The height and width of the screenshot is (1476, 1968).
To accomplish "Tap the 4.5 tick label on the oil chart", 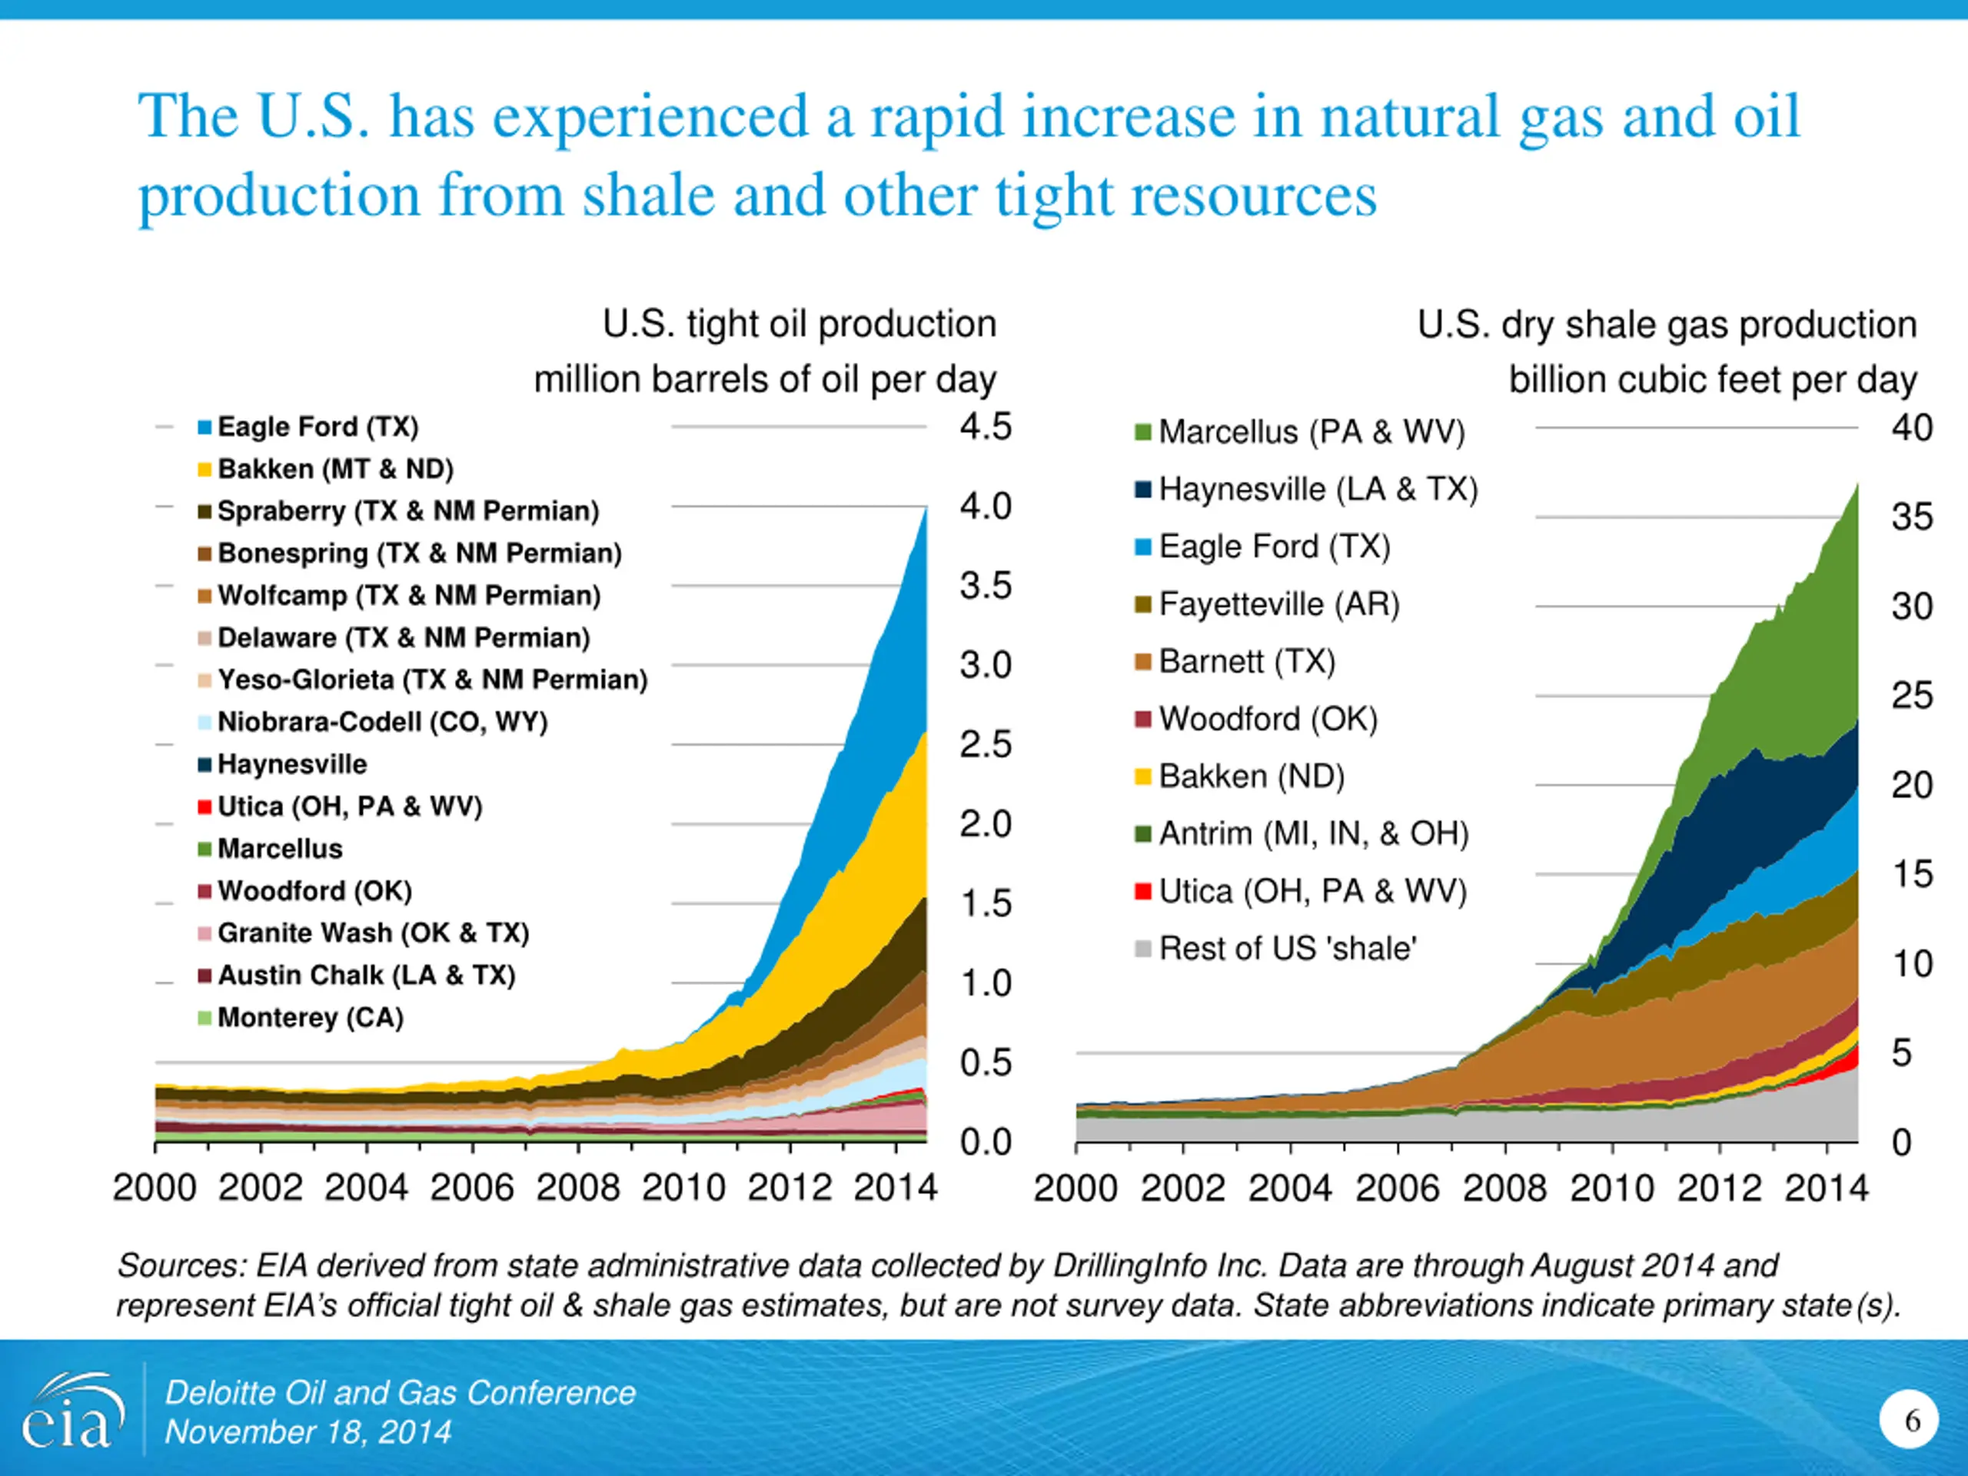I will pos(985,427).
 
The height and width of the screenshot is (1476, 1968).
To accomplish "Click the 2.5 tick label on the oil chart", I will pos(985,745).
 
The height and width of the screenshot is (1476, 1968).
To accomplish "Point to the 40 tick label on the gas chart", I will pos(1911,428).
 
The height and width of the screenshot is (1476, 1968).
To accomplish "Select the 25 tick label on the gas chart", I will pos(1911,696).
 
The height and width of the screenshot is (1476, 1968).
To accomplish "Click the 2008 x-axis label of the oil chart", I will pos(577,1188).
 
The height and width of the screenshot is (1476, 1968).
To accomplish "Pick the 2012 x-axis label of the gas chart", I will pos(1719,1188).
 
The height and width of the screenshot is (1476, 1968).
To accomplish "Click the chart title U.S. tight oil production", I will pos(799,324).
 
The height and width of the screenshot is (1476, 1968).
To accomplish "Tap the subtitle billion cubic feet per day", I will pos(1712,380).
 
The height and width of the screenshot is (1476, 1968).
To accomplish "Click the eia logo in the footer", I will pos(68,1414).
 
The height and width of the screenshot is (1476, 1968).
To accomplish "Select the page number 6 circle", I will pos(1908,1420).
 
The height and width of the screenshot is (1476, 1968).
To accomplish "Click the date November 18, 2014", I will pos(307,1432).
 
